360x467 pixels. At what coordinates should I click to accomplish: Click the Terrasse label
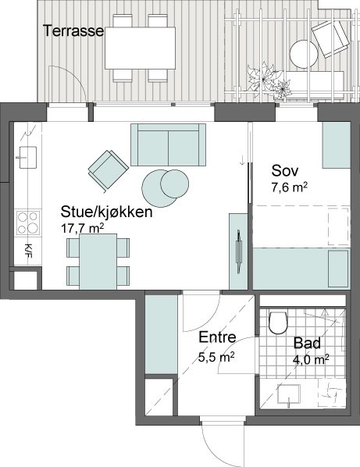(73, 30)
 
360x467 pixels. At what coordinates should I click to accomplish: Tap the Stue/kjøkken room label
(107, 212)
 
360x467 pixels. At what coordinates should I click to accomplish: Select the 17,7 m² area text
(83, 229)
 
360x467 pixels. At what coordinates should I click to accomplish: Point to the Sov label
(285, 171)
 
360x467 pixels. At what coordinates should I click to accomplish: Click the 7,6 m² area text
(290, 188)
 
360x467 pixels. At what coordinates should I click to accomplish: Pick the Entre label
(217, 337)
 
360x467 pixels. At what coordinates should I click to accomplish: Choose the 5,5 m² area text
(216, 356)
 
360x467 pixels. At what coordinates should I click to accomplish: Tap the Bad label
(308, 343)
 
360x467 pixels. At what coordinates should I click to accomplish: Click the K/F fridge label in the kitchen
(28, 251)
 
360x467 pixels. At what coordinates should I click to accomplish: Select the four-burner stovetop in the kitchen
(28, 223)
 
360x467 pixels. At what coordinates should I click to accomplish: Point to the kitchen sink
(27, 157)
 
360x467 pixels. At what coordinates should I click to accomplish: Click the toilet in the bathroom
(279, 323)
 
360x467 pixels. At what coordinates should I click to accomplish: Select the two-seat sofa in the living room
(168, 144)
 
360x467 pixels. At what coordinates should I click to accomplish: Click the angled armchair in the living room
(108, 169)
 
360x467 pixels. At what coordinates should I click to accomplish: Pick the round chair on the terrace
(304, 54)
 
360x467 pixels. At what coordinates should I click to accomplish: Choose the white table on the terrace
(140, 48)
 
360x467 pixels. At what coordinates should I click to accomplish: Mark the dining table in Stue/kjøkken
(98, 262)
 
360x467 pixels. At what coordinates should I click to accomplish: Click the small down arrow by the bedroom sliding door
(242, 161)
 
